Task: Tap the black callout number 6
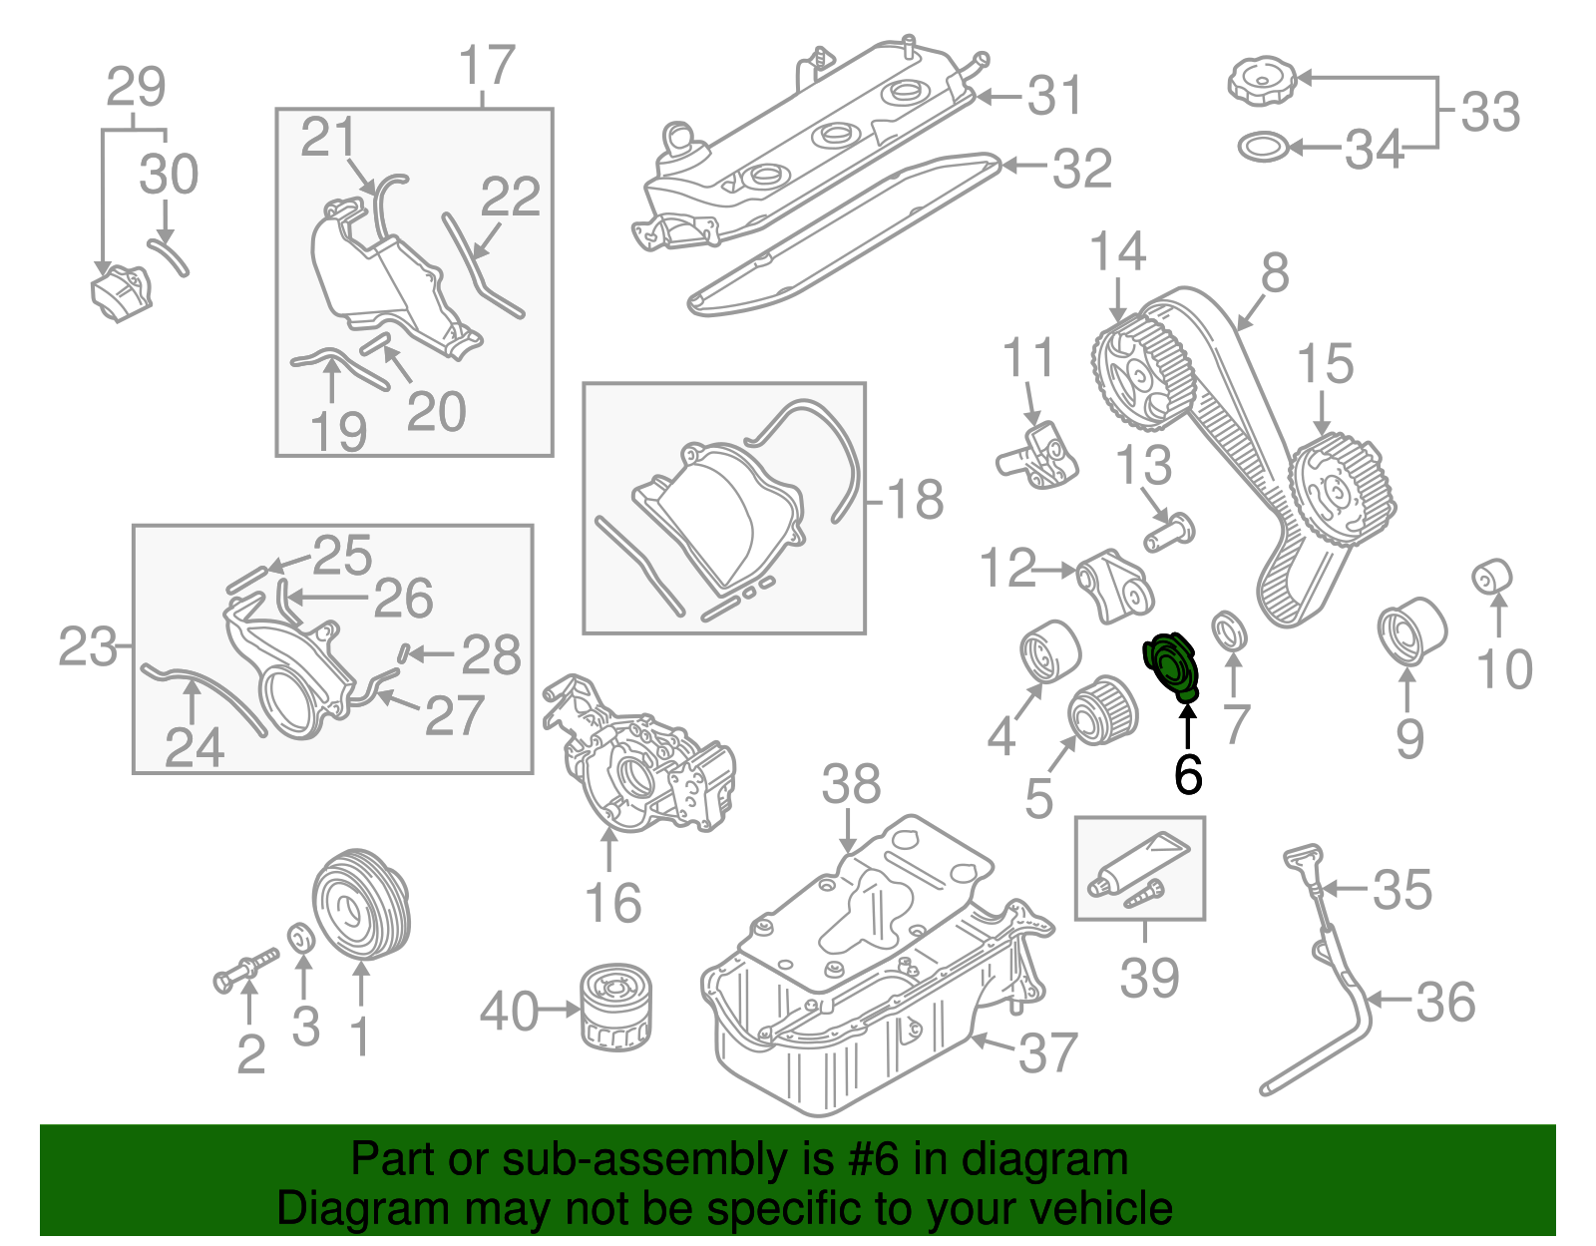(x=1187, y=774)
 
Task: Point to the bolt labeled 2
(x=244, y=969)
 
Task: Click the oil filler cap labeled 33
(x=1261, y=79)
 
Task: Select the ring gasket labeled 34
(x=1263, y=148)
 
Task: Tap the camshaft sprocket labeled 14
(x=1140, y=371)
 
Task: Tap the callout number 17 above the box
(x=487, y=66)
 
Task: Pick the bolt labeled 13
(x=1170, y=532)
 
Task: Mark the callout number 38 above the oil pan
(x=850, y=784)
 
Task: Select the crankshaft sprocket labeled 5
(x=1102, y=709)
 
